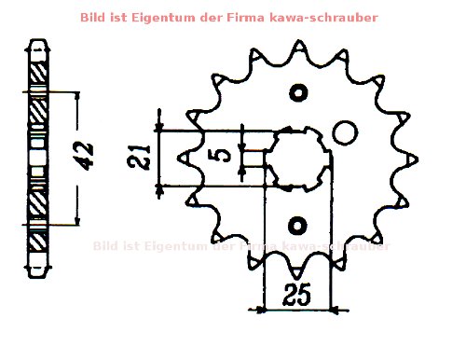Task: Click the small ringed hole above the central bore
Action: pyautogui.click(x=297, y=92)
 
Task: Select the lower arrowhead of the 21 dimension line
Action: pyautogui.click(x=159, y=190)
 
